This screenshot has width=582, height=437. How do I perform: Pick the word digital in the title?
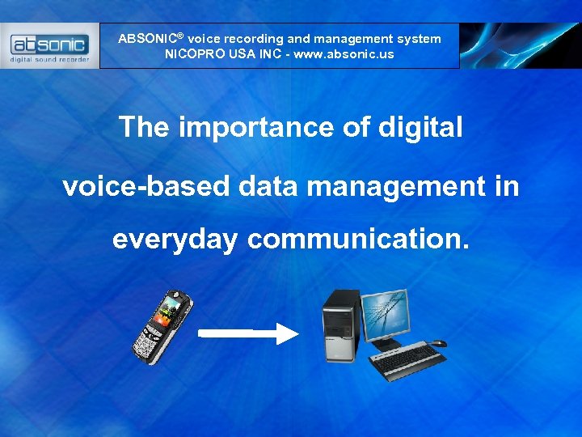[418, 127]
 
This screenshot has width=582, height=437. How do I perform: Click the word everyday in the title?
[175, 239]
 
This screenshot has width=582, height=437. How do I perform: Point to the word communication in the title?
[358, 239]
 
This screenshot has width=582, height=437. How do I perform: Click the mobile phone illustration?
[162, 327]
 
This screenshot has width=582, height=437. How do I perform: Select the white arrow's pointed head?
[288, 333]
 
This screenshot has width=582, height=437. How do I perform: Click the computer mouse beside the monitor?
[437, 343]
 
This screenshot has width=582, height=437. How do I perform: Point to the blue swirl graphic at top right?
[517, 45]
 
